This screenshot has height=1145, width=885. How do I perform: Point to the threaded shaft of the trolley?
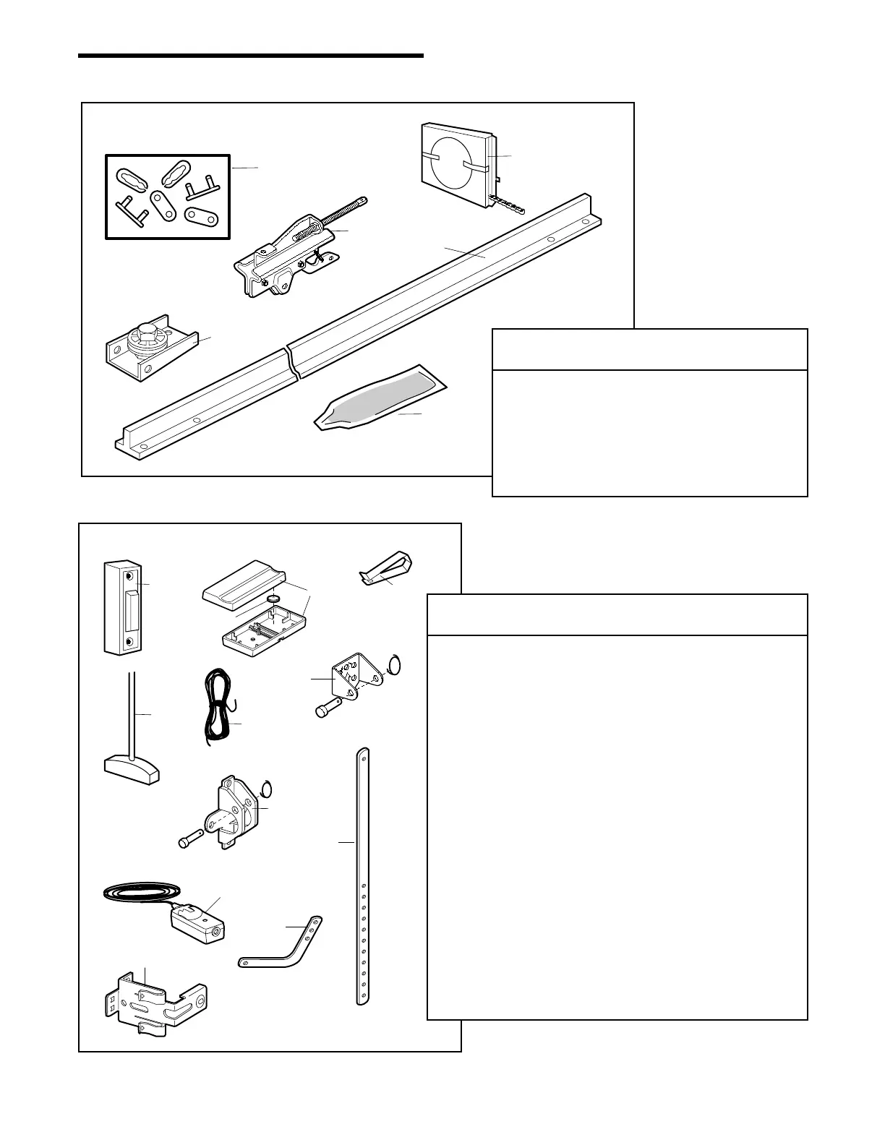[346, 210]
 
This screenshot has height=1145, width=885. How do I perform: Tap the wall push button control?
[121, 607]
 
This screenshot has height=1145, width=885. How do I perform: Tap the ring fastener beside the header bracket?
[394, 663]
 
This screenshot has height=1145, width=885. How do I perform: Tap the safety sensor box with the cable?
[197, 924]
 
